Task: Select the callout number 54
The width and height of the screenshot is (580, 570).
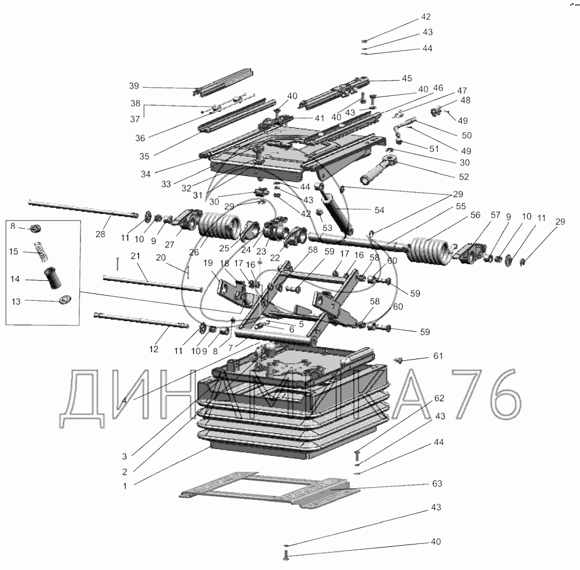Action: click(379, 211)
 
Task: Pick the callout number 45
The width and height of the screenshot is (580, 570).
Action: click(407, 78)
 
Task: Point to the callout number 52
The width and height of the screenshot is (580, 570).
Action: click(463, 176)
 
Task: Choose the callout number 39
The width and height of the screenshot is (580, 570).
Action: click(134, 85)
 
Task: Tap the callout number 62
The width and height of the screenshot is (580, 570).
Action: click(439, 398)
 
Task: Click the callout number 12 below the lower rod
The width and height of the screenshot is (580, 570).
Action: click(153, 349)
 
